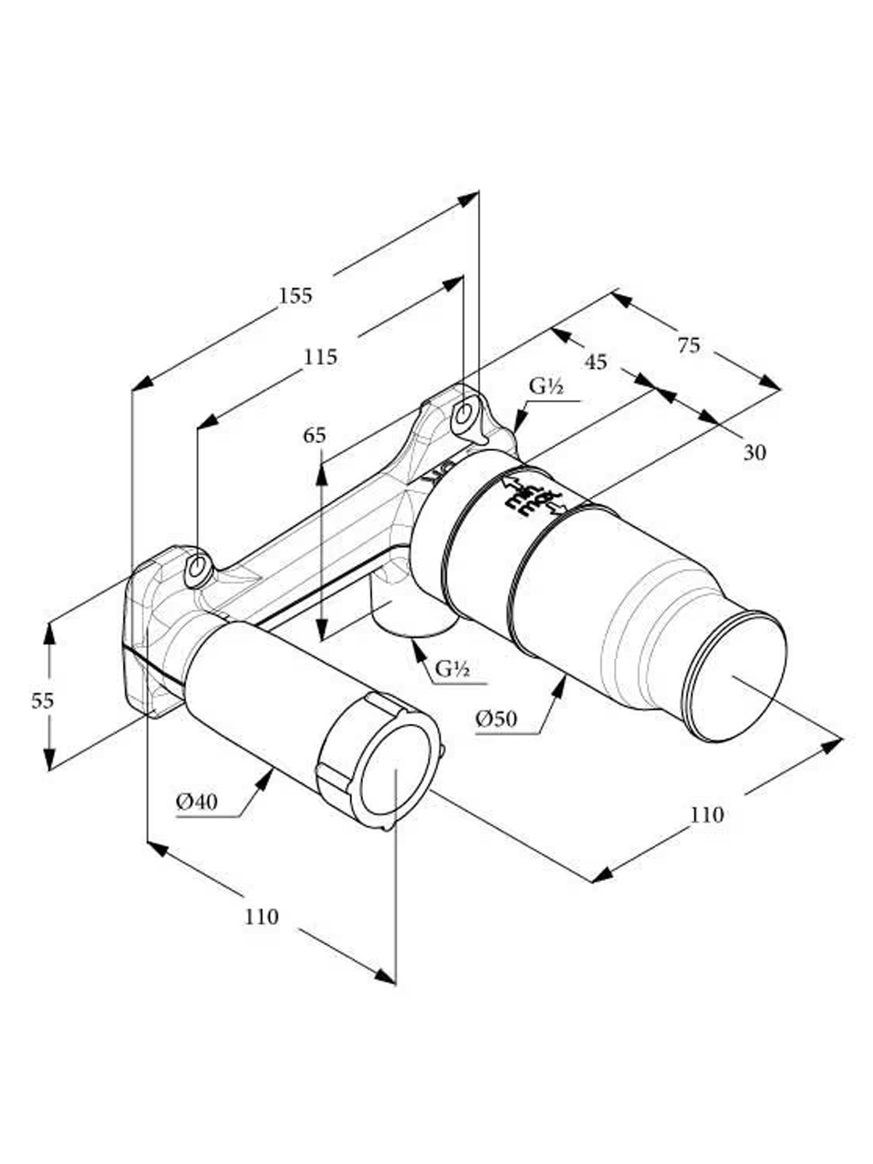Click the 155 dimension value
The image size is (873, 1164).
click(296, 295)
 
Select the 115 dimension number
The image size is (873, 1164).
click(320, 357)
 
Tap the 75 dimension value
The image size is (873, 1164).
click(689, 346)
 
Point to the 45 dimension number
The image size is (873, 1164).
click(596, 362)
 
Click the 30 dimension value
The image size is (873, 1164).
click(755, 452)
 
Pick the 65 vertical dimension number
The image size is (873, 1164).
click(314, 435)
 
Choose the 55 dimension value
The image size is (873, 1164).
click(42, 701)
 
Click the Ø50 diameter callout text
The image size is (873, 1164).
click(497, 719)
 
